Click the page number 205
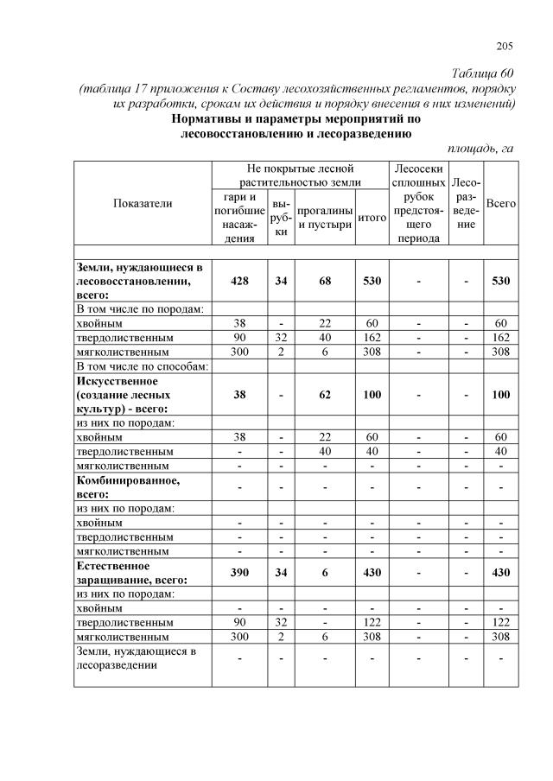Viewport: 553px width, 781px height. (x=505, y=46)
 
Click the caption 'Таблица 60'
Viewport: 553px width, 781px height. (x=484, y=72)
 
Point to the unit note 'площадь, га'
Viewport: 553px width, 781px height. (x=481, y=148)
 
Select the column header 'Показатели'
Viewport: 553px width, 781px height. (x=143, y=203)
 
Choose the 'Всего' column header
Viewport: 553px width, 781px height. (x=501, y=203)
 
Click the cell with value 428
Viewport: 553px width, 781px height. (x=239, y=282)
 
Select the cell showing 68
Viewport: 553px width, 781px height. (x=325, y=282)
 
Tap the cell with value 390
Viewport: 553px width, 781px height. (x=239, y=574)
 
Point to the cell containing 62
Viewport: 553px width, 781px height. (x=325, y=394)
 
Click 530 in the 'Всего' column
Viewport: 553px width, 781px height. (x=501, y=282)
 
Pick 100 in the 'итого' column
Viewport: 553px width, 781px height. (x=372, y=394)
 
